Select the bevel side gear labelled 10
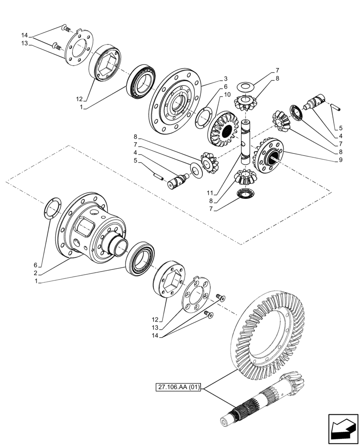coord(225,129)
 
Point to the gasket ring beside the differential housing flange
coord(53,209)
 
